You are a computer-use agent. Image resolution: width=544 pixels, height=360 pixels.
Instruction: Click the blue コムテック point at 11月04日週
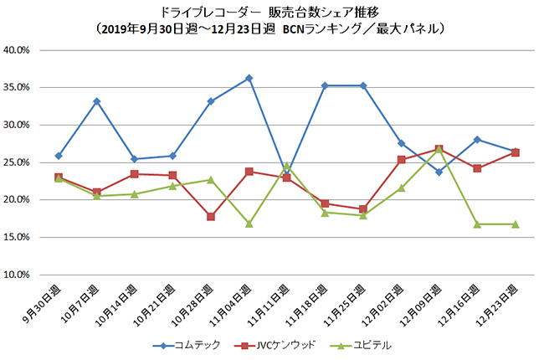click(x=249, y=78)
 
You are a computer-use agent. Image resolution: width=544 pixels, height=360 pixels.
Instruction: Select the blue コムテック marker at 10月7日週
click(x=97, y=101)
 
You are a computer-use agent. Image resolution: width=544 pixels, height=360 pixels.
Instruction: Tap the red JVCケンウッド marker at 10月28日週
click(x=211, y=216)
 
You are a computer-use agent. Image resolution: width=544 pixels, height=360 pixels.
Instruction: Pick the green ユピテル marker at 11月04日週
click(x=249, y=224)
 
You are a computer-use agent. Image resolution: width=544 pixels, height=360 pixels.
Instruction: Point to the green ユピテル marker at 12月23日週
click(x=516, y=224)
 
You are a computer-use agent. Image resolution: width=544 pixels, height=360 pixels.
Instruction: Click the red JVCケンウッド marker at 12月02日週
click(x=402, y=159)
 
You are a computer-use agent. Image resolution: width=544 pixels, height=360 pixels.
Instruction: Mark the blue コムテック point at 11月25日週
click(x=363, y=85)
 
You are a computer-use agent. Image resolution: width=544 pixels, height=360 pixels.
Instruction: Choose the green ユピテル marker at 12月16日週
click(x=477, y=224)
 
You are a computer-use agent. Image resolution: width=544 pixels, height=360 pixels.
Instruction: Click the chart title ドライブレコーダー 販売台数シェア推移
click(x=271, y=12)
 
